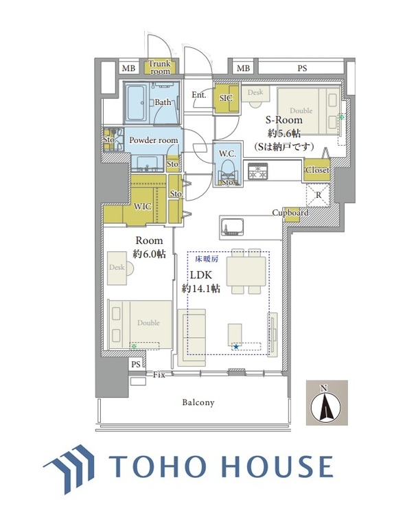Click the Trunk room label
160,67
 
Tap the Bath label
163,102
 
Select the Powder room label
154,140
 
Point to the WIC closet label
143,206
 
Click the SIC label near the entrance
226,98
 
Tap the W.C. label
228,153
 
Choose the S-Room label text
281,119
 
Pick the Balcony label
198,402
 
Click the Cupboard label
290,213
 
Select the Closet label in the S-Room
317,170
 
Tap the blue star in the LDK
235,347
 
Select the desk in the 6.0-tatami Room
117,268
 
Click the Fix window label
159,374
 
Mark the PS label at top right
302,68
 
